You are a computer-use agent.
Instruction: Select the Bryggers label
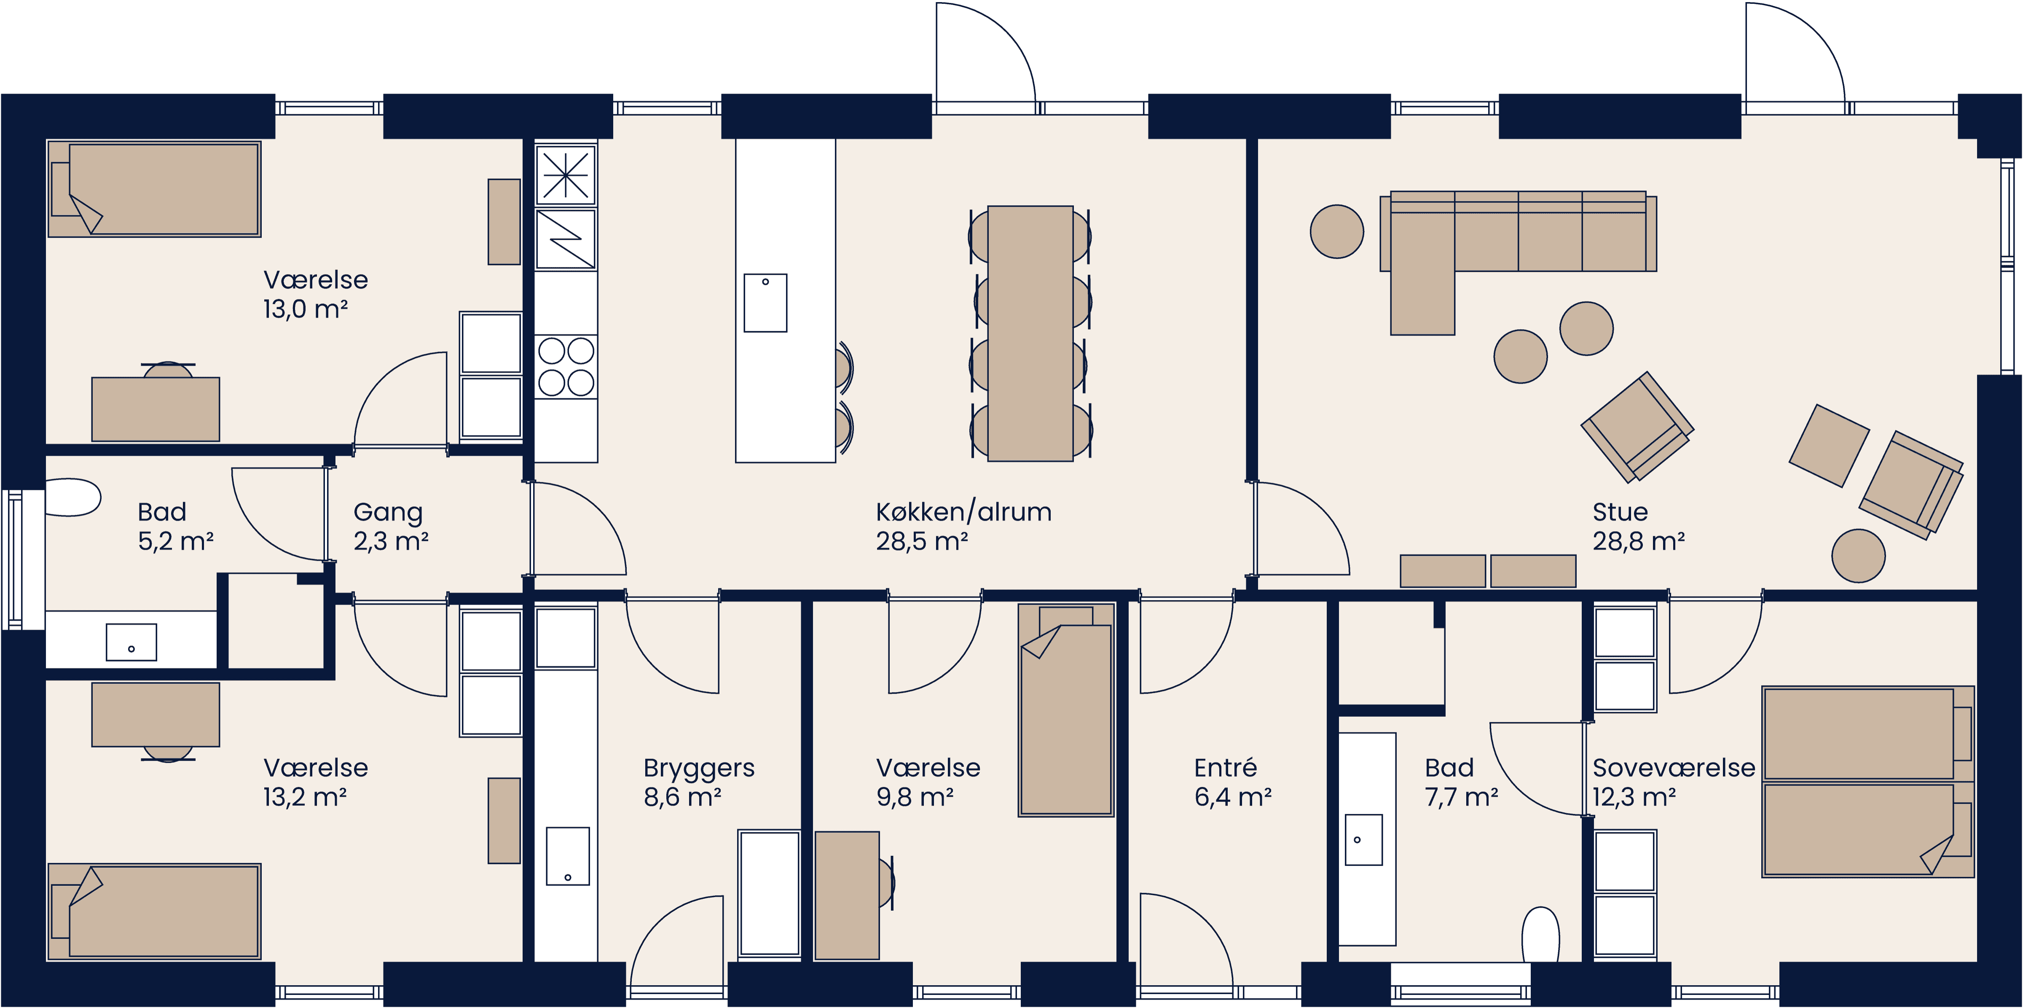(698, 768)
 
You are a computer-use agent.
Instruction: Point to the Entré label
(1225, 768)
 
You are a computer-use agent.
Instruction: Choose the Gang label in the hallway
(388, 512)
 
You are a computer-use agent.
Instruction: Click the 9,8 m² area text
(915, 797)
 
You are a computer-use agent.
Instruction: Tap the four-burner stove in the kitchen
(566, 367)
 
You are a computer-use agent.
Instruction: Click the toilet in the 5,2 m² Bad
(72, 497)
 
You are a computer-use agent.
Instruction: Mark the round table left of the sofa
(1336, 232)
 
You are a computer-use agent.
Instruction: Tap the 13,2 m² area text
(305, 797)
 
